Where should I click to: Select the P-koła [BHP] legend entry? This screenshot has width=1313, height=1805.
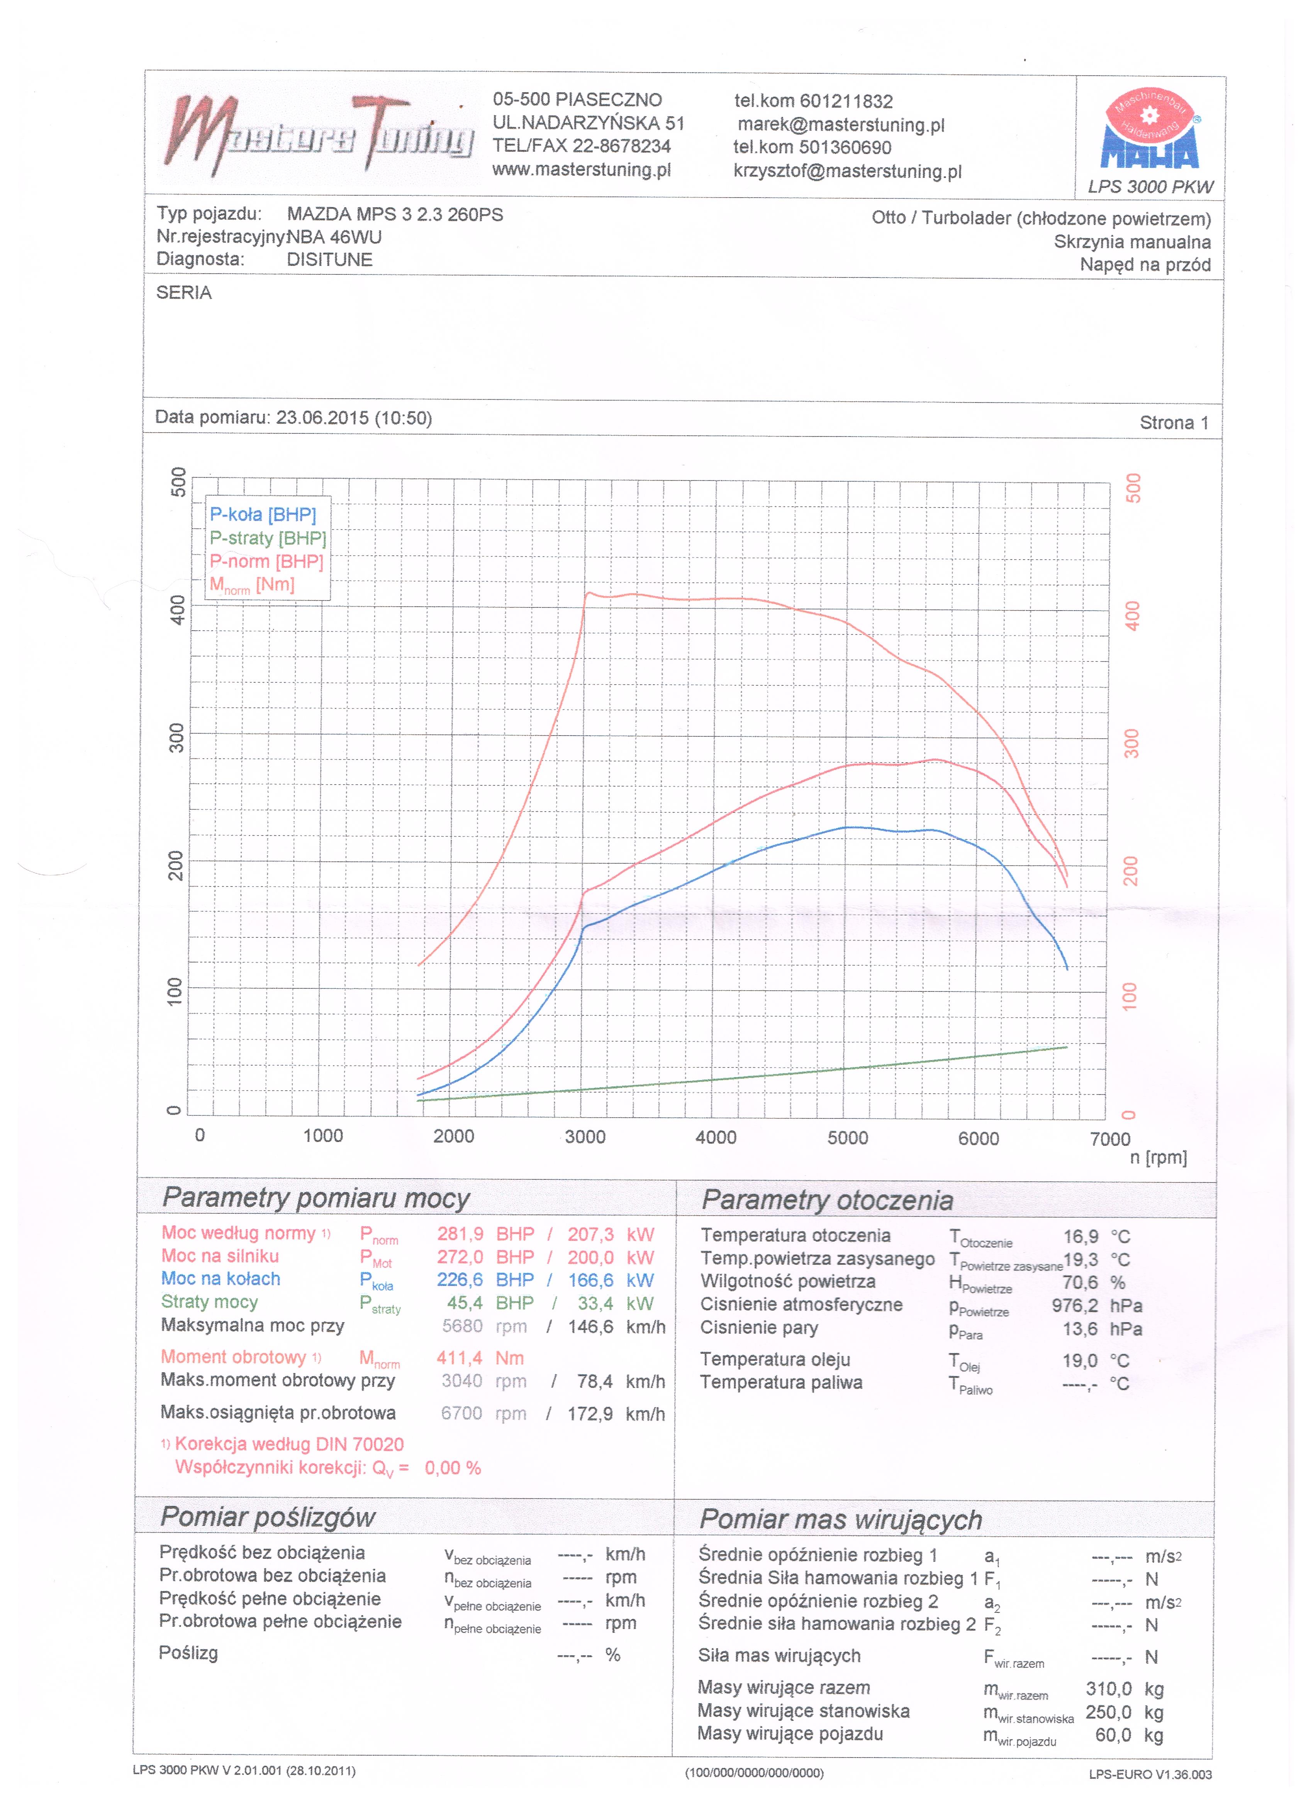[x=263, y=515]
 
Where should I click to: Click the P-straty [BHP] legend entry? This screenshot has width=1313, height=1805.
[x=268, y=539]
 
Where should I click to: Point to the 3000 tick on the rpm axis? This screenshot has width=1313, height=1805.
[x=585, y=1137]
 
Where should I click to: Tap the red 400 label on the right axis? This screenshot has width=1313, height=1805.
[x=1132, y=615]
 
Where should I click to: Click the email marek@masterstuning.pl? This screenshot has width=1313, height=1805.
[x=841, y=125]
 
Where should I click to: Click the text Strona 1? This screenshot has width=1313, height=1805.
[x=1174, y=423]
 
